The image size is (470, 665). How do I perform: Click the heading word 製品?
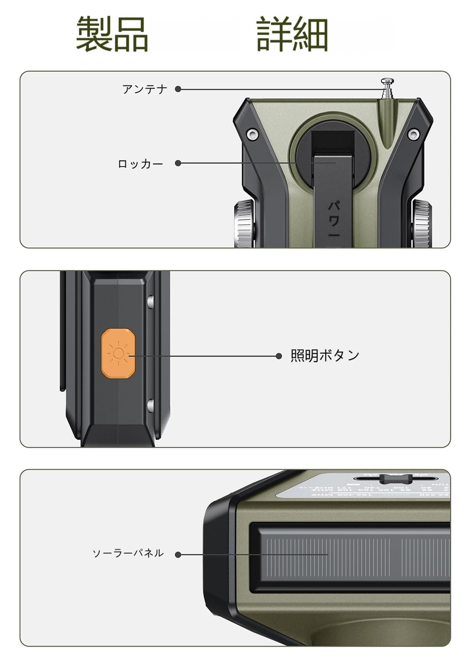click(x=112, y=35)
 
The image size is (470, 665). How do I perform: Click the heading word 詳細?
click(x=292, y=35)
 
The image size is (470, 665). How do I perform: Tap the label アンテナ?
click(x=145, y=89)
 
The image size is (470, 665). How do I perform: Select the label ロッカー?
click(x=141, y=164)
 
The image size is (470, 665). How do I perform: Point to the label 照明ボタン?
click(x=325, y=356)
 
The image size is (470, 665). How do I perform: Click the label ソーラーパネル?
click(x=128, y=553)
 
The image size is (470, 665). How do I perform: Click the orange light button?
click(x=118, y=353)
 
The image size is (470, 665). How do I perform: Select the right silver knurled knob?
click(x=422, y=223)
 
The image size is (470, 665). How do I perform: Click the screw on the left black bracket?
click(x=252, y=133)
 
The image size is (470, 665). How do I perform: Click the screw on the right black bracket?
click(x=413, y=133)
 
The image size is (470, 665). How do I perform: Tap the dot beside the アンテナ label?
click(x=178, y=89)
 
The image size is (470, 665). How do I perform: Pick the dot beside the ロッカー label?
click(x=178, y=163)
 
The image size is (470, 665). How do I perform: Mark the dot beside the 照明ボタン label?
click(x=279, y=356)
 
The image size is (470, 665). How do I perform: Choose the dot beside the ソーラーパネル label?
click(x=178, y=554)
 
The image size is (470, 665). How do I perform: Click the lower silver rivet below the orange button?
click(x=150, y=404)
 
